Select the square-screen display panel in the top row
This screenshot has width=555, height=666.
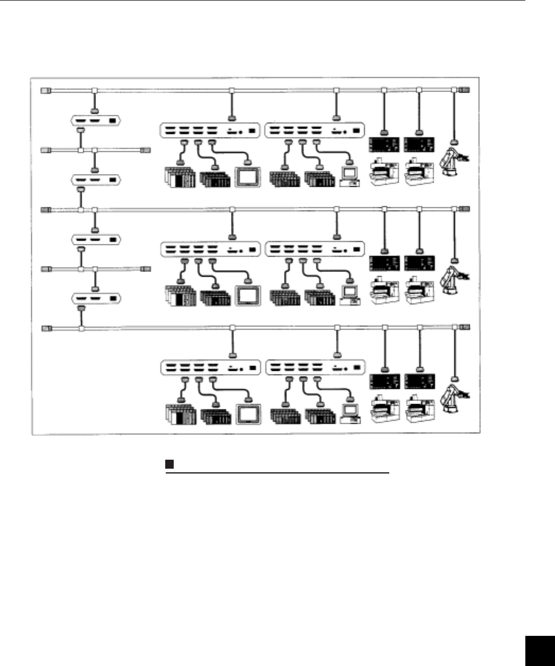point(248,176)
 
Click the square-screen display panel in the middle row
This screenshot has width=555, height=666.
point(248,295)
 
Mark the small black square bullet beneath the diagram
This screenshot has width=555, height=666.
point(169,464)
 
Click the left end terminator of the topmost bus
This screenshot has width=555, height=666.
point(46,91)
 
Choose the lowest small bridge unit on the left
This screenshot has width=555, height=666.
point(96,299)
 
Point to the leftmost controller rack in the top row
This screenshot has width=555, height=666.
point(180,177)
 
